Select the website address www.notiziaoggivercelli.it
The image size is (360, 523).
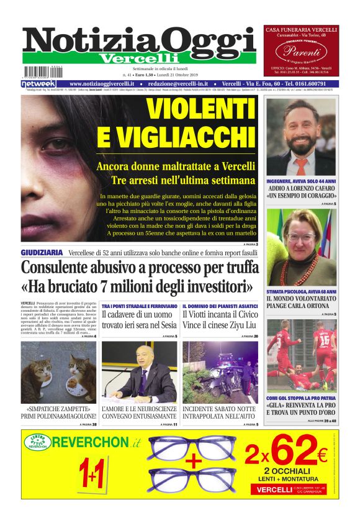pyautogui.click(x=103, y=84)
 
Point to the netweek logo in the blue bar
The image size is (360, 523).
pyautogui.click(x=38, y=84)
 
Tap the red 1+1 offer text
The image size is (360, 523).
pyautogui.click(x=91, y=476)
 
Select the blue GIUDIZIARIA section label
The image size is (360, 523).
pyautogui.click(x=42, y=252)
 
